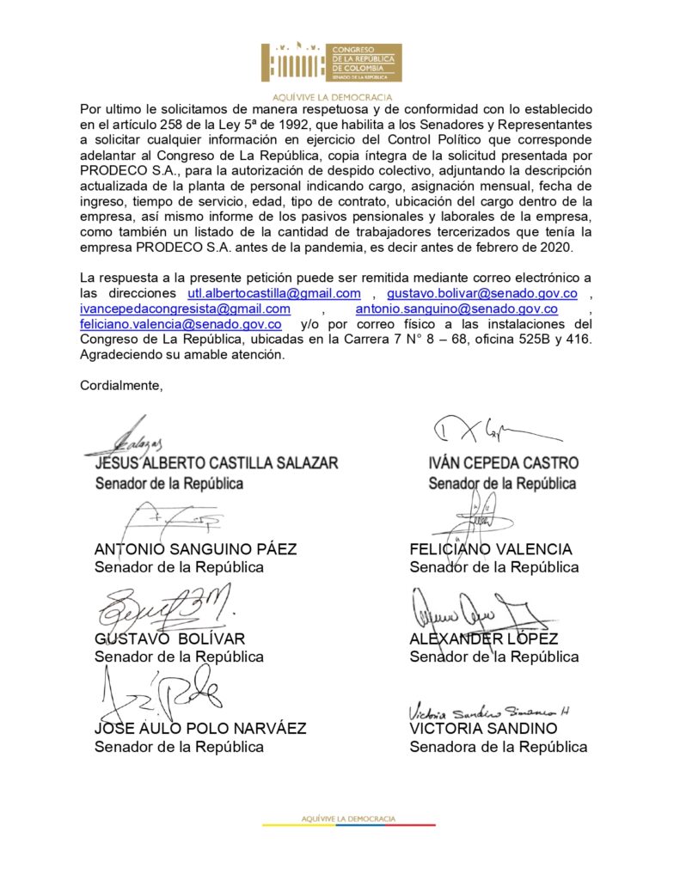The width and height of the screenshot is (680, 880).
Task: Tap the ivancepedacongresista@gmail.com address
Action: [185, 309]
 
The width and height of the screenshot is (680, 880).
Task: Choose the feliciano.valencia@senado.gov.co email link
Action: [181, 324]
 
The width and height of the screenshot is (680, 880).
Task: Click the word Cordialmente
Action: [120, 385]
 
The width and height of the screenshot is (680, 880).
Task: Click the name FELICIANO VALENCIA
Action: [490, 549]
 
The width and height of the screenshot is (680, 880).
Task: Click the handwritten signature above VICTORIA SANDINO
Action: [488, 712]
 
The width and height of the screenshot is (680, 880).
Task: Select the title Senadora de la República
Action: [498, 747]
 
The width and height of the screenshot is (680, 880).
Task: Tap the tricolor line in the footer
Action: [348, 825]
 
